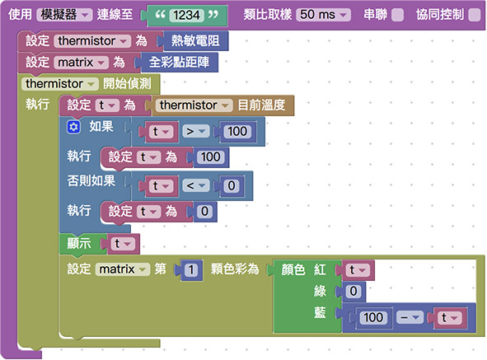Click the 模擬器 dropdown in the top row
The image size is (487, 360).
coord(64,15)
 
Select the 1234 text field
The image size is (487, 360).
coord(186,15)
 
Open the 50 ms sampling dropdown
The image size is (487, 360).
coord(323,15)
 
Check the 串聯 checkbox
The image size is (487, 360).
coord(397,15)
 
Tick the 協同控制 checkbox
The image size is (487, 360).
coord(475,15)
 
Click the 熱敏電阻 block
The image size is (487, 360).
coord(195,40)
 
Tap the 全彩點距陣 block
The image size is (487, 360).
coord(179,62)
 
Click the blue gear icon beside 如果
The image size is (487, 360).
coord(73,127)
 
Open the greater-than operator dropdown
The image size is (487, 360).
coord(195,132)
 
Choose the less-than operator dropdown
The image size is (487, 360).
coord(195,186)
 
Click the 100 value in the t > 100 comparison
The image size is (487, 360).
coord(237,132)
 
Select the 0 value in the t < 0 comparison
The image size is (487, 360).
coord(232,186)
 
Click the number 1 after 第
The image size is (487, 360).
coord(191,269)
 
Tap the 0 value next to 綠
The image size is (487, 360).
coord(354,292)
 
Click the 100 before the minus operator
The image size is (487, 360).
coord(373,318)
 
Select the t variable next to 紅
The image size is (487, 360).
coord(358,270)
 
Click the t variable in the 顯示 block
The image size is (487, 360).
coord(123,244)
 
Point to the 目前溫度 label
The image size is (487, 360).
coord(261,105)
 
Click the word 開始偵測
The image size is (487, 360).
coord(128,84)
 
